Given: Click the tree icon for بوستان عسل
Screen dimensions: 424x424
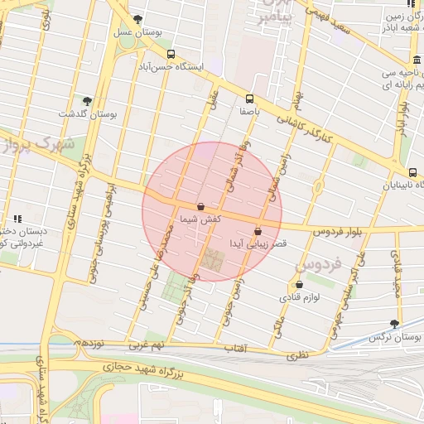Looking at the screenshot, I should click(137, 20).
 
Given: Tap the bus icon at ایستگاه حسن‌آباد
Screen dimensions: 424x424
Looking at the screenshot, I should click(171, 54).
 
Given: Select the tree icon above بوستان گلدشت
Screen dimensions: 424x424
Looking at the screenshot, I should click(87, 100).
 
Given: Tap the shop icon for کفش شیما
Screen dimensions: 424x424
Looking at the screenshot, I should click(200, 206).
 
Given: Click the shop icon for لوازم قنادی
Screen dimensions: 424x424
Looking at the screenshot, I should click(298, 284).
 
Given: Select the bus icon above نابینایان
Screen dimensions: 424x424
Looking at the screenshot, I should click(413, 172).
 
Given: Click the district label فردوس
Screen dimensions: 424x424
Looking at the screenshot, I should click(318, 266).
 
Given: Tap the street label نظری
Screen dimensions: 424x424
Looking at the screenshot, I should click(296, 356).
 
